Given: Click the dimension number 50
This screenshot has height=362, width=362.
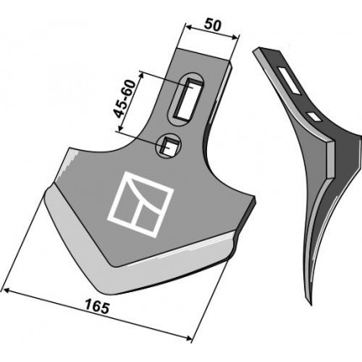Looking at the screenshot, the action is click(x=212, y=25).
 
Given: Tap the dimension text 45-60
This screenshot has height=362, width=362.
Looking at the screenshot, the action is click(x=125, y=98).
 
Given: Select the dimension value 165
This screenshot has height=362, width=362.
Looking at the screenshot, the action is click(x=97, y=307).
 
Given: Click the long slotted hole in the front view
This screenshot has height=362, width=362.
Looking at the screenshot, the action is click(x=186, y=97).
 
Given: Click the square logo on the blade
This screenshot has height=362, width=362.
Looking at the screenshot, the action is click(x=141, y=205).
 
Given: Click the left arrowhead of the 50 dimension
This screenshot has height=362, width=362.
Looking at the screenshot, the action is click(x=189, y=27).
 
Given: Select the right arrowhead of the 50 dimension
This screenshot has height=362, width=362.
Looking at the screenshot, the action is click(x=237, y=36).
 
